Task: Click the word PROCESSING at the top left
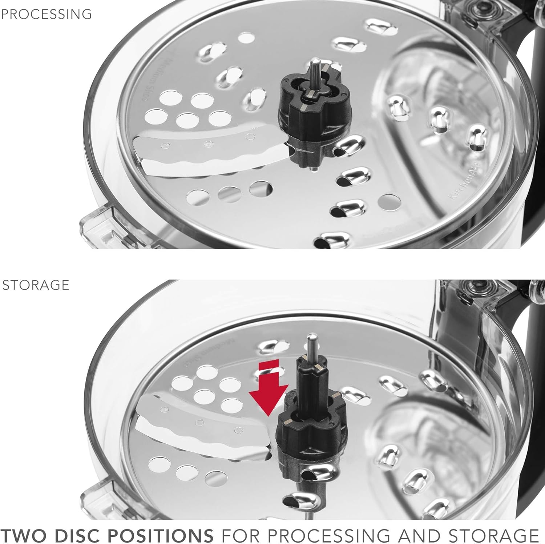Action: point(46,14)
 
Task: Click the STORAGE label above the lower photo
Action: point(36,285)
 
